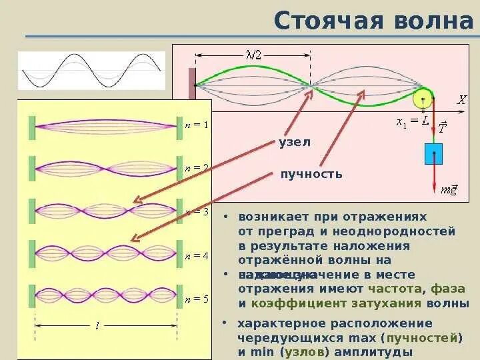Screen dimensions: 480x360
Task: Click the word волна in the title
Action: tap(433, 20)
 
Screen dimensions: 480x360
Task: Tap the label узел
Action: tap(295, 142)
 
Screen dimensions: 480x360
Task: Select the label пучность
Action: tap(311, 175)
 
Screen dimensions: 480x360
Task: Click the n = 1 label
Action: tap(197, 125)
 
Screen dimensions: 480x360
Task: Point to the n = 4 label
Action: tap(197, 256)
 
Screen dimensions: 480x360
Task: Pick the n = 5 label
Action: tap(197, 299)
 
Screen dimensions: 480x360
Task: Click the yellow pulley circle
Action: tap(422, 99)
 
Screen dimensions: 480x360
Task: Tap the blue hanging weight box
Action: tap(433, 153)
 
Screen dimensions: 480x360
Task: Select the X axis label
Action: tap(461, 100)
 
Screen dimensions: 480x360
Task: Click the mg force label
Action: tap(449, 190)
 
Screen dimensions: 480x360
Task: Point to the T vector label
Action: tap(442, 128)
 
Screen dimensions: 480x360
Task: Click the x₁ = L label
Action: tap(412, 121)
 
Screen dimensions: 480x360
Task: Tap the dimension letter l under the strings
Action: tap(97, 325)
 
